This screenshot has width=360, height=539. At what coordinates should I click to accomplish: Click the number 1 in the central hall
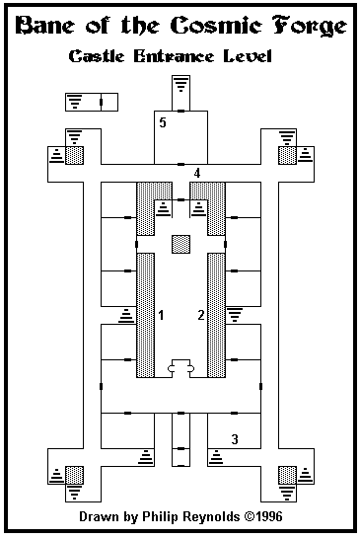(161, 315)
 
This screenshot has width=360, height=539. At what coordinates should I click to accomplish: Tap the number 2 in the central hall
(201, 315)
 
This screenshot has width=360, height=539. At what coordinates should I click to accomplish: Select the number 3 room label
(235, 439)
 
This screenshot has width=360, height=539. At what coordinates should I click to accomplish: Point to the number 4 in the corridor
(197, 173)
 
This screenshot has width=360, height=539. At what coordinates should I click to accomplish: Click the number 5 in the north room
(163, 122)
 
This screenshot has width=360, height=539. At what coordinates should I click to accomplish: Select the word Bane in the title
(44, 26)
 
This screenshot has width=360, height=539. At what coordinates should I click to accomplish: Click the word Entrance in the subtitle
(174, 56)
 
